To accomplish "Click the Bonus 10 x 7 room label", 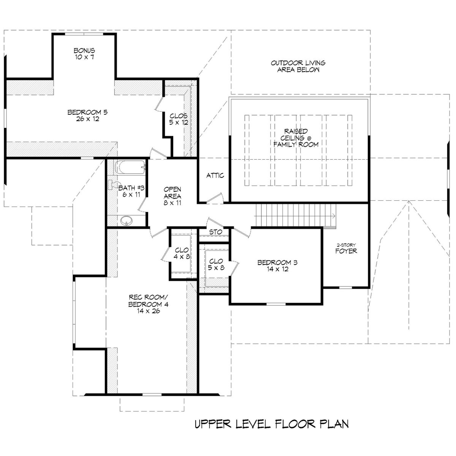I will pos(84,54).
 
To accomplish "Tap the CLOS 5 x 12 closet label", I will pos(179,119).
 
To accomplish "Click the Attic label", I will pos(215,176).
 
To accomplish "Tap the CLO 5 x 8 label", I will pos(216,264).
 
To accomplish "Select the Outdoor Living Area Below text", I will pos(298,66).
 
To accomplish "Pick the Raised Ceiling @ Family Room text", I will pos(298,138).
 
